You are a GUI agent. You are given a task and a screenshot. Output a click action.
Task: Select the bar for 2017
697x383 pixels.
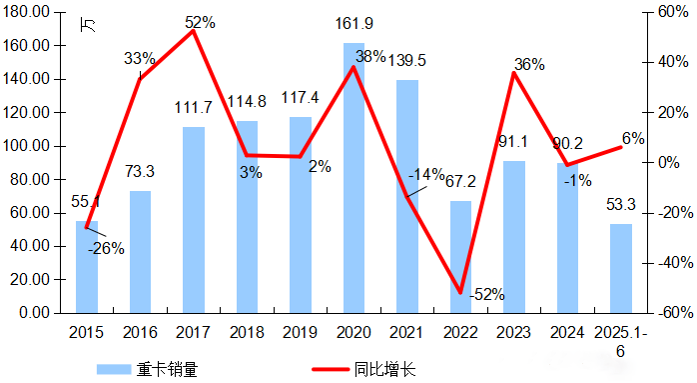pyautogui.click(x=194, y=220)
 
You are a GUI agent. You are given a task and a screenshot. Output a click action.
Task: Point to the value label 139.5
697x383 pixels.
pyautogui.click(x=407, y=61)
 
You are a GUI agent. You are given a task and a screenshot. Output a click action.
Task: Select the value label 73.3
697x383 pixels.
pyautogui.click(x=141, y=172)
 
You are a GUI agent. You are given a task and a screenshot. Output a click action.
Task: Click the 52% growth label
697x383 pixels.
pyautogui.click(x=199, y=21)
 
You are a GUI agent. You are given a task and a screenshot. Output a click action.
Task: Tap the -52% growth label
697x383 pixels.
pyautogui.click(x=486, y=294)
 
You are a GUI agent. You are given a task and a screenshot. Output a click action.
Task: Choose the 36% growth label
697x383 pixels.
pyautogui.click(x=529, y=65)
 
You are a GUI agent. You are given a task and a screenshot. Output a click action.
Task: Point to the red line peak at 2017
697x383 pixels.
pyautogui.click(x=193, y=31)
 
